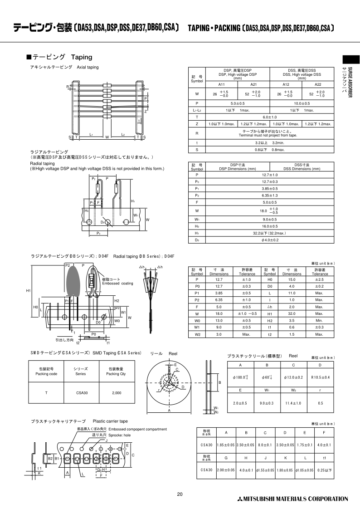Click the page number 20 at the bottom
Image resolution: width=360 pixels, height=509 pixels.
tap(180, 494)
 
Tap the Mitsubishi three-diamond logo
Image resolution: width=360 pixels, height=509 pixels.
tap(239, 499)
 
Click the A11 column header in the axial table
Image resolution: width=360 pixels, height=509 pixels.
tap(222, 84)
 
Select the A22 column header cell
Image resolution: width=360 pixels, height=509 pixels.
tap(318, 84)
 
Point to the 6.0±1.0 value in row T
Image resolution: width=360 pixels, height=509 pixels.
tap(269, 117)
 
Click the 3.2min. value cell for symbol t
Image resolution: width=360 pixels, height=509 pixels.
tap(269, 143)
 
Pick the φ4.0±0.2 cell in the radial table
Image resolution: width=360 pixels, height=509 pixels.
tap(269, 240)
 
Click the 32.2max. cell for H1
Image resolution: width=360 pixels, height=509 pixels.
tap(269, 233)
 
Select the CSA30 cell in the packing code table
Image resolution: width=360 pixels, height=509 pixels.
tap(82, 393)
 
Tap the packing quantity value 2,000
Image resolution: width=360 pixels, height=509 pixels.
tap(117, 393)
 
